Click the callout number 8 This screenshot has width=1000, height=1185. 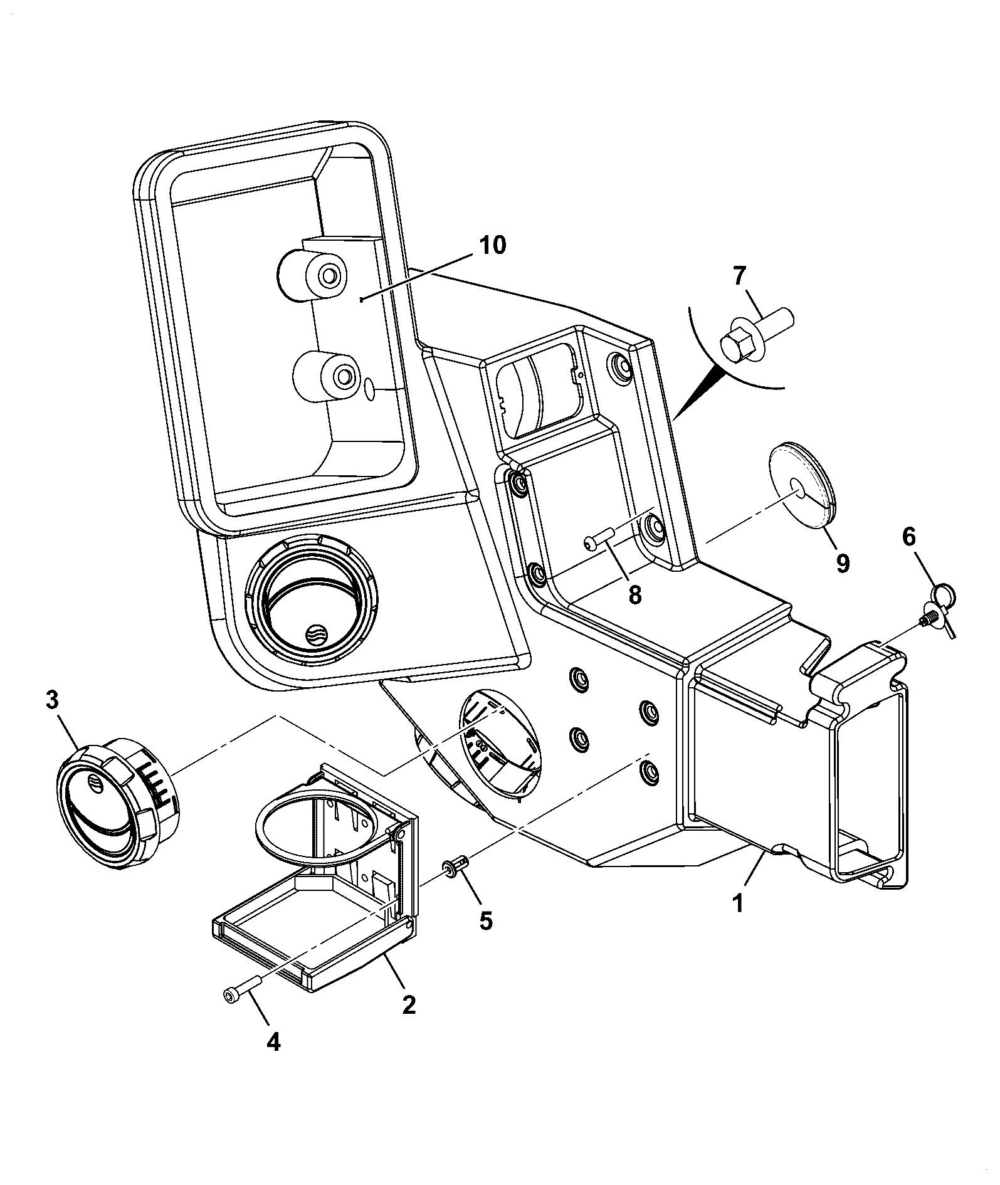click(x=635, y=594)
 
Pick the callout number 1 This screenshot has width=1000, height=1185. click(x=738, y=903)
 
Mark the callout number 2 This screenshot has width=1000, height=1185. click(x=408, y=1005)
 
